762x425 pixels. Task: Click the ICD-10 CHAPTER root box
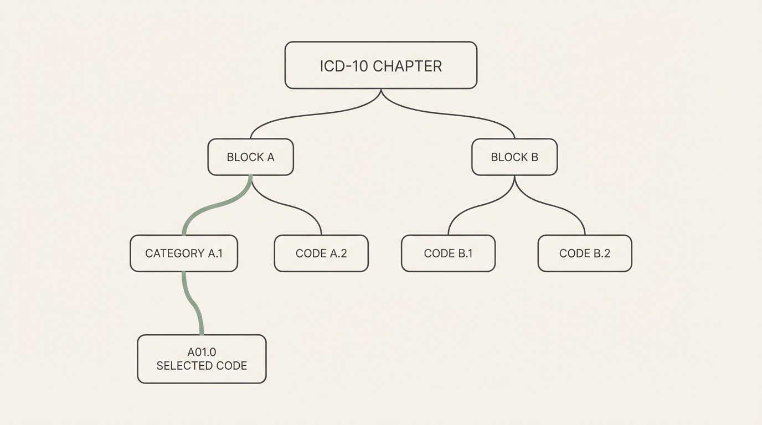click(380, 65)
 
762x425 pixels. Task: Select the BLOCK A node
click(250, 157)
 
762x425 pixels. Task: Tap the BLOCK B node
click(514, 157)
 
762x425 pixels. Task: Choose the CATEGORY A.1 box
click(184, 253)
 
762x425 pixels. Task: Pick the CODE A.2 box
click(321, 253)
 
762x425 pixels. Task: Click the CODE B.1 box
click(448, 253)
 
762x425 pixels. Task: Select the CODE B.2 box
click(585, 253)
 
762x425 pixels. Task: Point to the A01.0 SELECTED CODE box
click(202, 359)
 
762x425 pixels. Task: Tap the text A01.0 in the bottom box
click(202, 352)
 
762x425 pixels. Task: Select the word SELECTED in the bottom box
click(182, 366)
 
